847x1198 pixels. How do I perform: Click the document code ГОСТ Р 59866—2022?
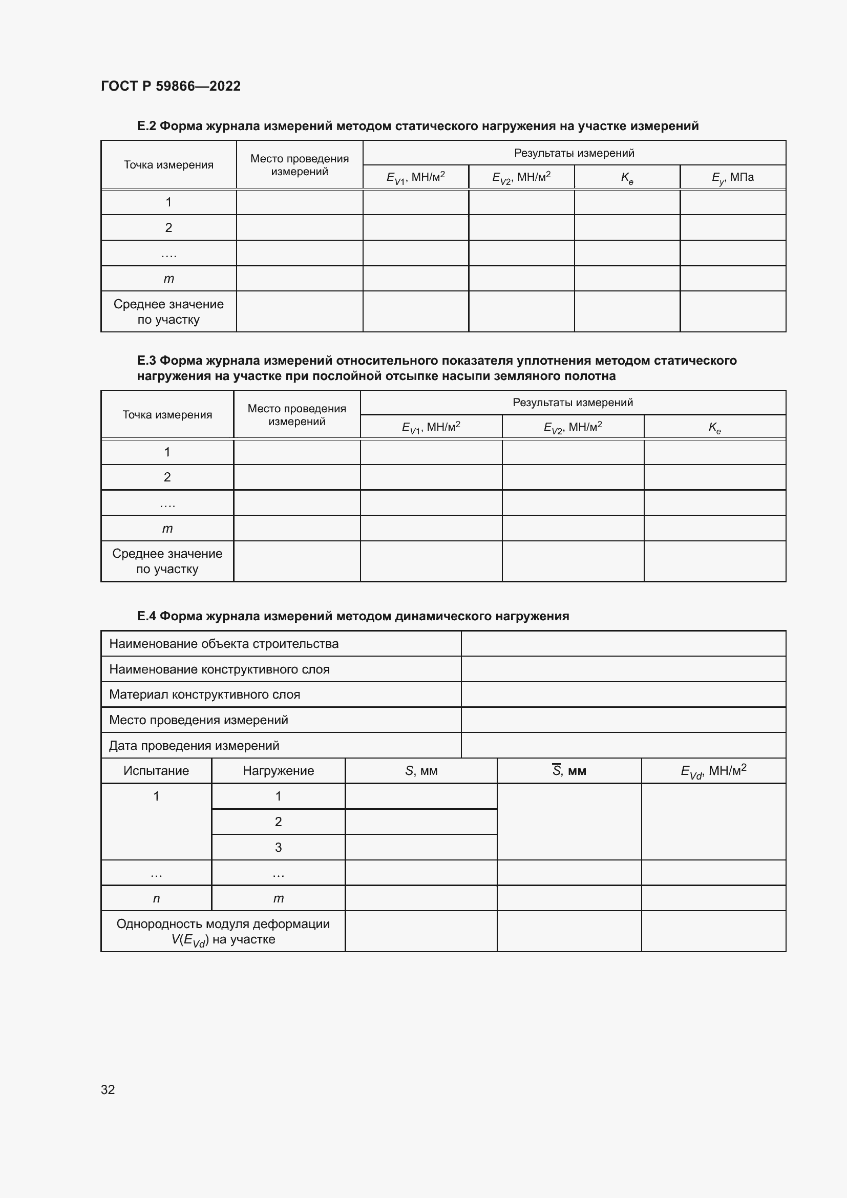click(171, 86)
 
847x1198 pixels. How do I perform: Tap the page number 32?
click(108, 1089)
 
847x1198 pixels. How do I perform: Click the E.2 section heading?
click(417, 126)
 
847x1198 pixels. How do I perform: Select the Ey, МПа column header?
click(732, 177)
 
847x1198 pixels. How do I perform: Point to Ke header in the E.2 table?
click(627, 177)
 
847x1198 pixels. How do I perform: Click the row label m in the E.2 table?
click(168, 279)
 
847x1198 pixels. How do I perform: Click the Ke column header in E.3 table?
click(714, 427)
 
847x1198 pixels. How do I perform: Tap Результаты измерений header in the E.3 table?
click(572, 402)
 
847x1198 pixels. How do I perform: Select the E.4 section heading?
click(352, 616)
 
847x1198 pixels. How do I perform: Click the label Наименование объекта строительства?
click(224, 643)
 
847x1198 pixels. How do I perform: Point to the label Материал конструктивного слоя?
click(204, 695)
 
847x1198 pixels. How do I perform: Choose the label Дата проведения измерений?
click(194, 745)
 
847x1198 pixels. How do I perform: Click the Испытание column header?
click(156, 771)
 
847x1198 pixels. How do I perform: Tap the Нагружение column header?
click(278, 771)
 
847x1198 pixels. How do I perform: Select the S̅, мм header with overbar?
click(568, 771)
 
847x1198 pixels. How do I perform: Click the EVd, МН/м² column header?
click(713, 771)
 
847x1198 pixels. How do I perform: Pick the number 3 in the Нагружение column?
click(278, 847)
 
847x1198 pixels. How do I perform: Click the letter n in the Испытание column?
click(156, 898)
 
